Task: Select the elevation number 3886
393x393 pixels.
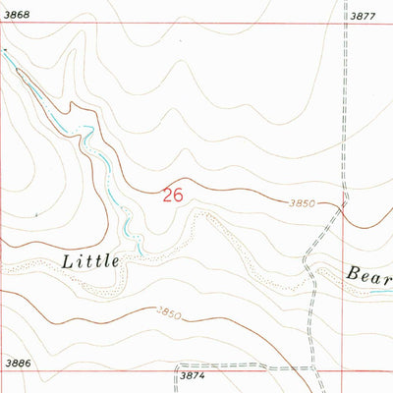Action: point(16,364)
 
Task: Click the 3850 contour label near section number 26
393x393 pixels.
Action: point(302,203)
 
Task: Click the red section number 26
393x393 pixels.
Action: point(172,196)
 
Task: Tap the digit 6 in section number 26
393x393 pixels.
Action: point(178,196)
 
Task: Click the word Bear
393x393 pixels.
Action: point(368,273)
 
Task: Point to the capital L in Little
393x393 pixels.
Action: point(68,261)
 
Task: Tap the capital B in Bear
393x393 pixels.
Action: point(352,273)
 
